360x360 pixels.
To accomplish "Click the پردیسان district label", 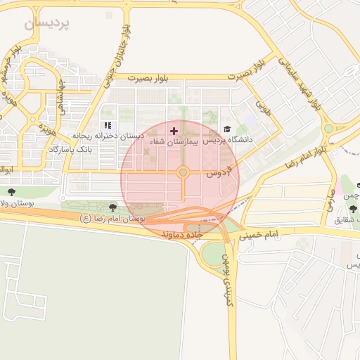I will [x=48, y=23].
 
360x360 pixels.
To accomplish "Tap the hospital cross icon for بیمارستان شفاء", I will [x=174, y=131].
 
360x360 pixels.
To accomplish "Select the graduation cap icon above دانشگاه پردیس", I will [x=226, y=129].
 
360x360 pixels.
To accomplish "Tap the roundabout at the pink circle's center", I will [x=183, y=172].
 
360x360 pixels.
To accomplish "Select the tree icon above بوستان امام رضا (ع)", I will [x=113, y=207].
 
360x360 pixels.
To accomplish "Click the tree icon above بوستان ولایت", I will [x=11, y=191].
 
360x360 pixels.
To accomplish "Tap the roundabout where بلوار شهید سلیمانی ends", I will [x=328, y=129].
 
